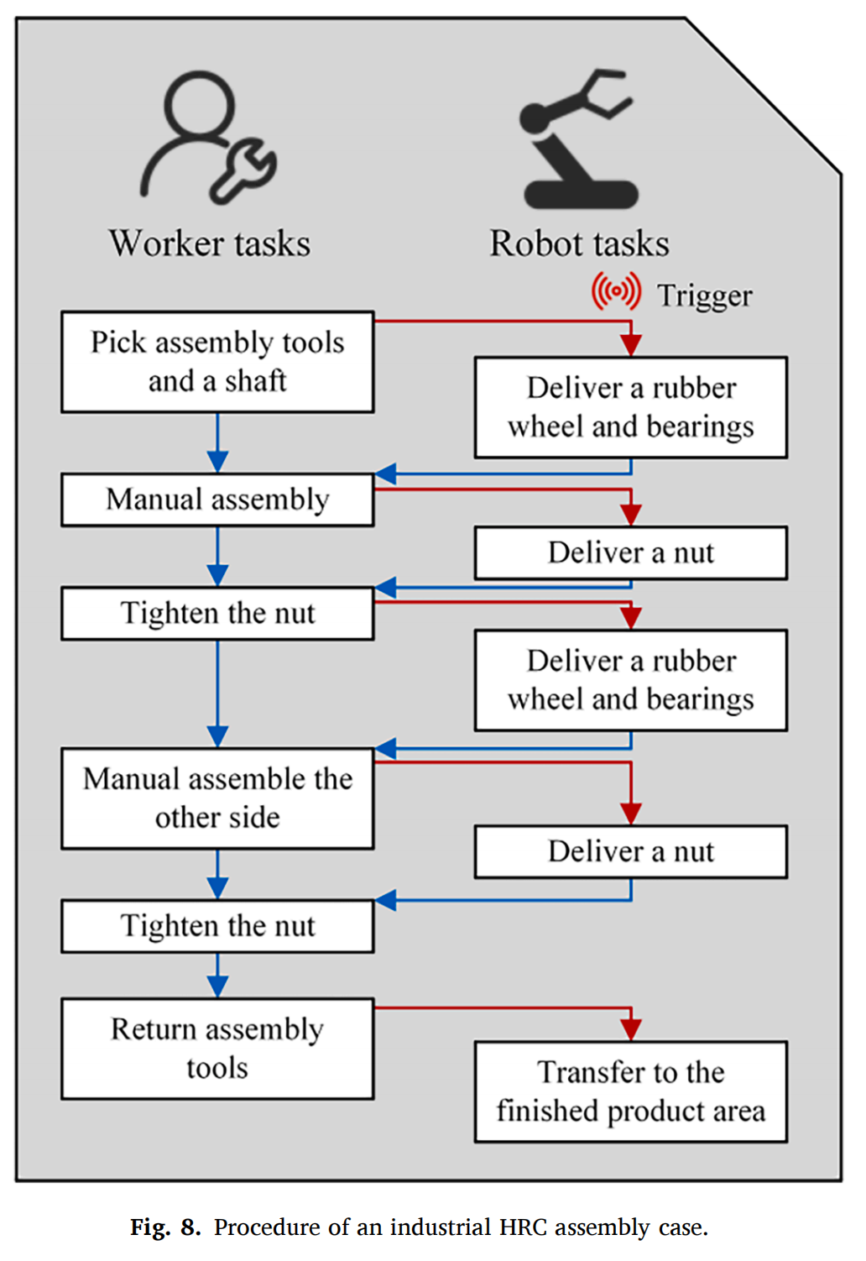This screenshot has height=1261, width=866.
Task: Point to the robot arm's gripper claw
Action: pos(607,92)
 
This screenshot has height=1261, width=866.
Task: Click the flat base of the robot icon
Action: pos(581,195)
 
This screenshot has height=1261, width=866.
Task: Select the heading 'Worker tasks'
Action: pos(210,244)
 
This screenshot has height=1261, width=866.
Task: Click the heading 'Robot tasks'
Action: pos(579,244)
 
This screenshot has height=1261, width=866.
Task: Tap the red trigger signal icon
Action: pos(616,292)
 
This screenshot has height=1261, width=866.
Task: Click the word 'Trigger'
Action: pos(704,296)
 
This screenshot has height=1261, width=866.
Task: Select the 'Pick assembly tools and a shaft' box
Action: pos(217,362)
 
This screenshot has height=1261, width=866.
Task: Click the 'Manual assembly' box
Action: pos(217,500)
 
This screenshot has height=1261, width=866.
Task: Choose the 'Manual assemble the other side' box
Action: pos(217,798)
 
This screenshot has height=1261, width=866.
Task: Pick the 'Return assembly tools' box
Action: pos(217,1048)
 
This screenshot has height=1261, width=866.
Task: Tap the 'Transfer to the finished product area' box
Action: pos(630,1091)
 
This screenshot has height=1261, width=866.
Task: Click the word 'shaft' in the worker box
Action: pos(255,381)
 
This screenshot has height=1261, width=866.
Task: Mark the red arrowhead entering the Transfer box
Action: pos(631,1029)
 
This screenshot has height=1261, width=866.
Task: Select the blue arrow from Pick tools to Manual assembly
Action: pos(217,442)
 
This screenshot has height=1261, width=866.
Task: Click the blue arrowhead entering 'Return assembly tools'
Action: pos(217,987)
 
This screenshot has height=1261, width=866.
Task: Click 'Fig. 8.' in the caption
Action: pos(165,1227)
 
